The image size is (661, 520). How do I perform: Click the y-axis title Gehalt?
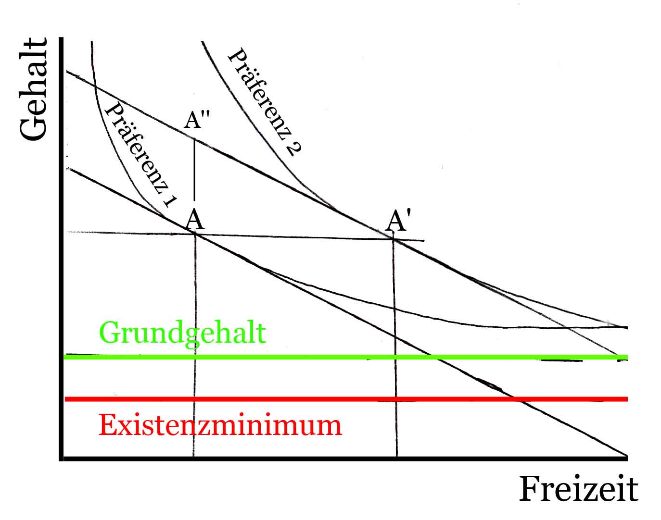(x=34, y=90)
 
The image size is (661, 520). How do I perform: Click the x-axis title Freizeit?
(x=578, y=489)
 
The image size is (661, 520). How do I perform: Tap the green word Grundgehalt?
(x=182, y=333)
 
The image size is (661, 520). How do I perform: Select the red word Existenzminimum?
(x=220, y=425)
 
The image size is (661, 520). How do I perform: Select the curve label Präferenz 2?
(x=265, y=101)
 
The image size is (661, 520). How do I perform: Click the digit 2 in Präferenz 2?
(x=294, y=146)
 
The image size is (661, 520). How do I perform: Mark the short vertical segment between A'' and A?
(x=194, y=169)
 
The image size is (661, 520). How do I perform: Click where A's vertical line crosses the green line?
(x=195, y=357)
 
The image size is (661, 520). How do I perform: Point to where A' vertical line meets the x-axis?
(x=397, y=458)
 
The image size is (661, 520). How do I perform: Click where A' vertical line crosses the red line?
(x=396, y=399)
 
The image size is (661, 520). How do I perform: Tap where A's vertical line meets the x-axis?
(x=194, y=458)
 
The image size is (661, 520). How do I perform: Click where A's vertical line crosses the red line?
(x=194, y=399)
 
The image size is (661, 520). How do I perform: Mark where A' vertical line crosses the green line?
(x=395, y=357)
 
